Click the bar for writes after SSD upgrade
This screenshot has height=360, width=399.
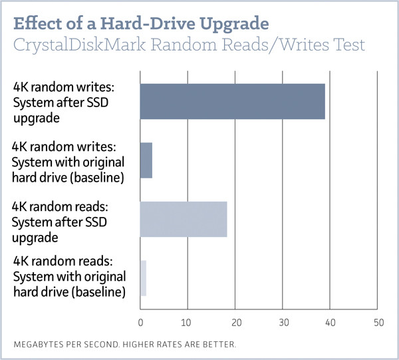coord(232,102)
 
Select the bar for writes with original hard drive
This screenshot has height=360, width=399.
coord(146,160)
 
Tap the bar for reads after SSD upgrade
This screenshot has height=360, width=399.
coord(184,218)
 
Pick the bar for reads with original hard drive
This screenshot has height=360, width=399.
coord(143,278)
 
